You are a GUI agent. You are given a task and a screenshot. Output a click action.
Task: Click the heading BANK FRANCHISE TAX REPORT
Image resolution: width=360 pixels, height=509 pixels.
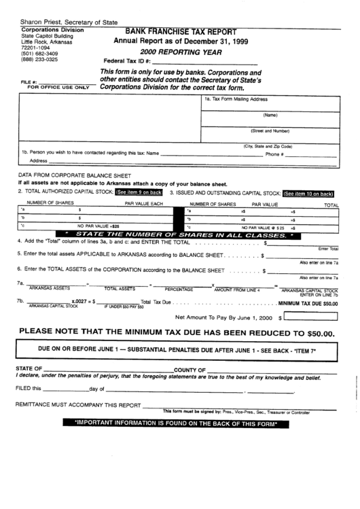pos(181,32)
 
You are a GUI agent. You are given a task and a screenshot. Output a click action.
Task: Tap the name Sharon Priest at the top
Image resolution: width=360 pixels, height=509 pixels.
pos(40,22)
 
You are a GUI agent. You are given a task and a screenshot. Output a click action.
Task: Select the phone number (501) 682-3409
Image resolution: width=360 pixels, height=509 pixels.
pos(39,53)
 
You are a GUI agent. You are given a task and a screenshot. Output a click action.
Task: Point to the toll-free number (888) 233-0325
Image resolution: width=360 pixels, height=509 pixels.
pos(39,59)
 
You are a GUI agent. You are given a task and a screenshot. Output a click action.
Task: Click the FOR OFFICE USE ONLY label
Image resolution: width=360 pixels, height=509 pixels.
pos(57,88)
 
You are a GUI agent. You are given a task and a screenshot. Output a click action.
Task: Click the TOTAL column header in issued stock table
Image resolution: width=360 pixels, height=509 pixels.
pos(331,204)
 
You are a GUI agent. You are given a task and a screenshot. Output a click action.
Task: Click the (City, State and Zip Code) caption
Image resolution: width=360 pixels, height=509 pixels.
pos(268,146)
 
